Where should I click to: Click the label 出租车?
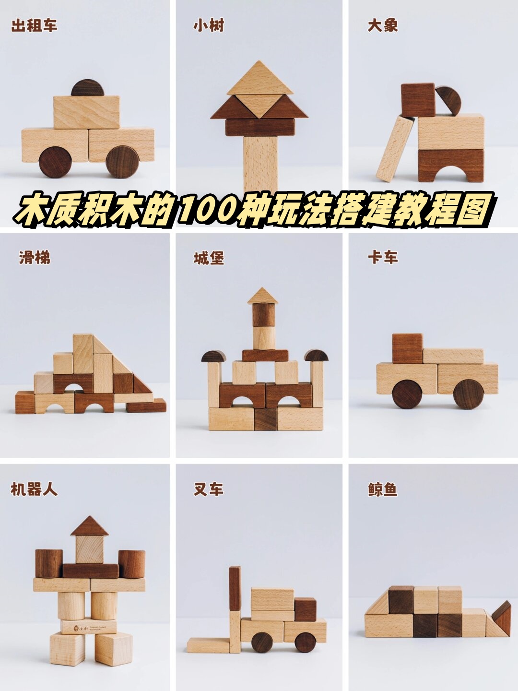pyautogui.click(x=34, y=25)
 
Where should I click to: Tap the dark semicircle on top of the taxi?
pyautogui.click(x=87, y=88)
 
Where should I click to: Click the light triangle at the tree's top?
pyautogui.click(x=260, y=79)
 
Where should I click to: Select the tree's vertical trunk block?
pyautogui.click(x=260, y=163)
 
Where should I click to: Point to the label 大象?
pyautogui.click(x=383, y=25)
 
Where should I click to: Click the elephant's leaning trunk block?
pyautogui.click(x=395, y=149)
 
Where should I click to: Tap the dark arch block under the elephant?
pyautogui.click(x=451, y=166)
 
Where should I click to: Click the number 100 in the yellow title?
pyautogui.click(x=203, y=210)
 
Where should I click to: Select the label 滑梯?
pyautogui.click(x=35, y=258)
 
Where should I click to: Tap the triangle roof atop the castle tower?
pyautogui.click(x=263, y=296)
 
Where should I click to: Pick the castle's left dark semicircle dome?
pyautogui.click(x=214, y=356)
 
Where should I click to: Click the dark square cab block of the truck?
pyautogui.click(x=407, y=348)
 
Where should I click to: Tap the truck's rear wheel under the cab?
pyautogui.click(x=407, y=394)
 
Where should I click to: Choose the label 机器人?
pyautogui.click(x=34, y=489)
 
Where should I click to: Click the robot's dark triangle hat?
pyautogui.click(x=90, y=527)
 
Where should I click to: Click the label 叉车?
pyautogui.click(x=208, y=489)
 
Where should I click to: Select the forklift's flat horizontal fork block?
pyautogui.click(x=208, y=645)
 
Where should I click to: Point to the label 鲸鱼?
pyautogui.click(x=383, y=489)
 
